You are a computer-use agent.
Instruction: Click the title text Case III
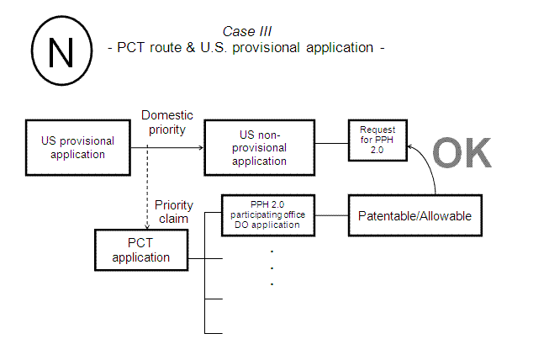247,31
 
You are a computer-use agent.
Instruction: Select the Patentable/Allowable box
414,216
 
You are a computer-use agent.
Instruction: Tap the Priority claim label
174,211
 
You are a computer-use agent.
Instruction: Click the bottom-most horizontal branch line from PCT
214,334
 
